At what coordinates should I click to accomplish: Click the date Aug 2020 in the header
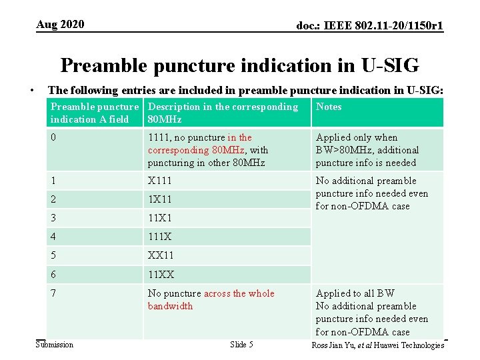click(x=60, y=25)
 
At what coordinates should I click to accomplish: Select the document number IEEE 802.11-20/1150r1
click(x=370, y=26)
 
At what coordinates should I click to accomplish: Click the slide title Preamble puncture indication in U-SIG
click(x=239, y=65)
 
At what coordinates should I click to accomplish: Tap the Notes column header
click(x=329, y=107)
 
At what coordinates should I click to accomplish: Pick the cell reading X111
click(x=161, y=181)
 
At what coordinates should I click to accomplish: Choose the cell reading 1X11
click(x=161, y=199)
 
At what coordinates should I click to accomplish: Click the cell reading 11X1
click(x=161, y=218)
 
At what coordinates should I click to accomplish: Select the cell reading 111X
click(x=161, y=237)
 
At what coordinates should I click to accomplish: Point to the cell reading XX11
click(x=161, y=255)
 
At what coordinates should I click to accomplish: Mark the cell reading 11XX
click(x=161, y=274)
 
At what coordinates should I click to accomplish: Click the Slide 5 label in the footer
click(x=241, y=345)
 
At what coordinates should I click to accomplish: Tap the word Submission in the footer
click(x=55, y=345)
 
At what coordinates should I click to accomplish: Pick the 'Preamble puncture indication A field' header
click(x=94, y=113)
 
